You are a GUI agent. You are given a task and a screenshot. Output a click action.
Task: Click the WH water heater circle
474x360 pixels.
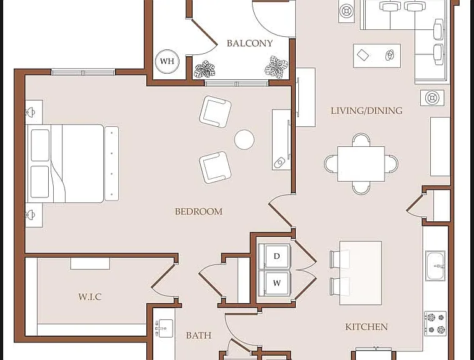[x=167, y=61]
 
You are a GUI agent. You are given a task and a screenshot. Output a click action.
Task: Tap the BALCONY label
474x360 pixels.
[x=250, y=44]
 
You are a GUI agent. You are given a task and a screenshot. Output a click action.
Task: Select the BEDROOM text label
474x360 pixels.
[x=199, y=211]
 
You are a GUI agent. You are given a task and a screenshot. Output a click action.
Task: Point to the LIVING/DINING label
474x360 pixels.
[x=366, y=111]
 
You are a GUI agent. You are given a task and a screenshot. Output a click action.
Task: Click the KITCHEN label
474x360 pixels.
[x=366, y=327]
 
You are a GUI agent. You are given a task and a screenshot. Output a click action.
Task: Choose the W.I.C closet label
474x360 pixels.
[x=90, y=297]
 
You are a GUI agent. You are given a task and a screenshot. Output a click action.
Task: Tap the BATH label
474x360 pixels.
[x=199, y=335]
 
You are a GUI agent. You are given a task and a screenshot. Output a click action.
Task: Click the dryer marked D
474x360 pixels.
[x=276, y=256]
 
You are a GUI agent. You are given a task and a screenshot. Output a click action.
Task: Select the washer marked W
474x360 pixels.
[x=276, y=283]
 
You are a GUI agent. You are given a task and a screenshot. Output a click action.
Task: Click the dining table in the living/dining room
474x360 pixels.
[x=361, y=164]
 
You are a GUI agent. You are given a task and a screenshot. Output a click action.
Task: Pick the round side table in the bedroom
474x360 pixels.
[x=245, y=139]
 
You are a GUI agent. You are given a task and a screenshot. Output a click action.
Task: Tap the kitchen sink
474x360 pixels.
[x=435, y=266]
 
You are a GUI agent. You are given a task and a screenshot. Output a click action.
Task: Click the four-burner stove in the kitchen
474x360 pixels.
[x=435, y=324]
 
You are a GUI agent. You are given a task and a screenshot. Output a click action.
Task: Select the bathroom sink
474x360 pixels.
[x=164, y=328]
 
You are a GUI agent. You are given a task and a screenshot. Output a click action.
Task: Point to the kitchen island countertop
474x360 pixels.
[x=361, y=272]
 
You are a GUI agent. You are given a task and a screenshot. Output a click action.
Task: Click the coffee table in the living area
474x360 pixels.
[x=377, y=56]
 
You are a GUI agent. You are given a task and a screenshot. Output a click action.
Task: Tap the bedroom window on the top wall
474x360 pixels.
[x=83, y=72]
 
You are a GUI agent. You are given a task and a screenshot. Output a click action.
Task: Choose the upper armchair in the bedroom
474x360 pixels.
[x=215, y=111]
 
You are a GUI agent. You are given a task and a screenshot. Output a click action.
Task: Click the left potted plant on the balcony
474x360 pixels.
[x=204, y=69]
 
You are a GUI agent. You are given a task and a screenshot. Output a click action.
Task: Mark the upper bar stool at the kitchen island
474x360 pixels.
[x=339, y=259]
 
